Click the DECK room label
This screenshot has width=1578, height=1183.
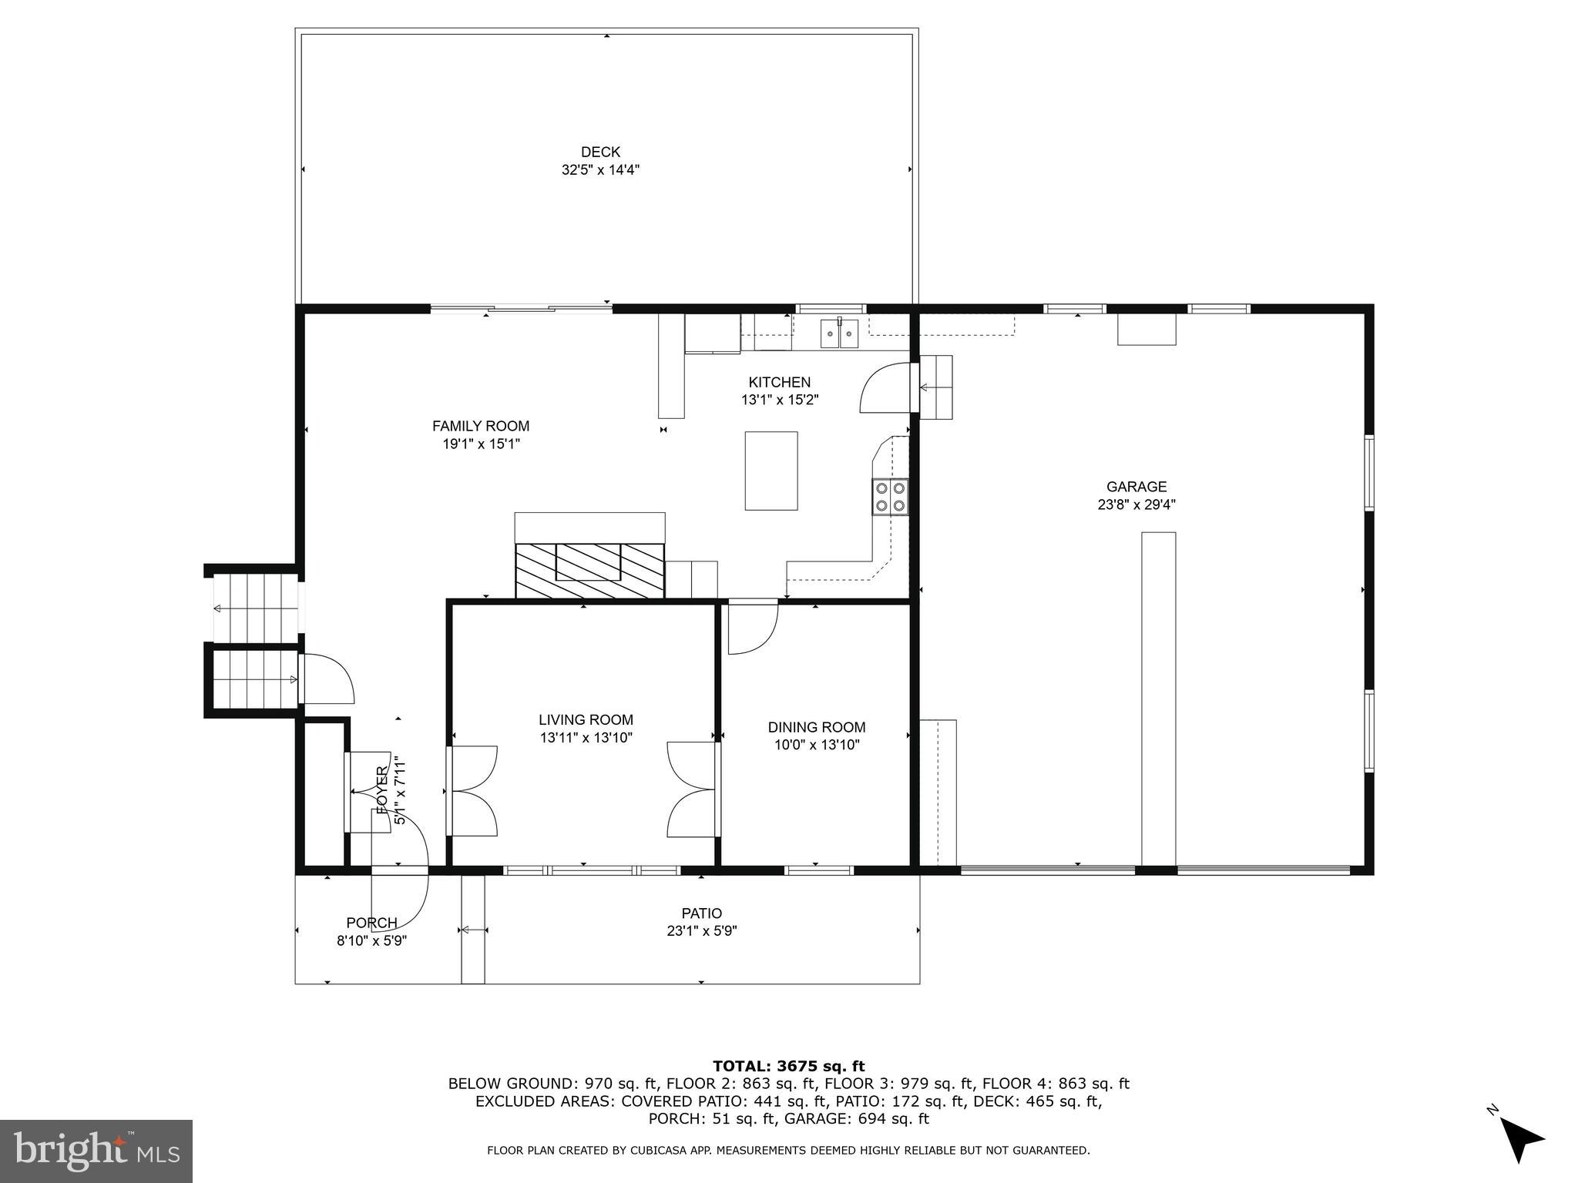[600, 152]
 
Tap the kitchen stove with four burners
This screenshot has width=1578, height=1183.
[890, 497]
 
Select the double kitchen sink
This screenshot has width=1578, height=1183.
[839, 333]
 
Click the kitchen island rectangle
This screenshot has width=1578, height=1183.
[771, 471]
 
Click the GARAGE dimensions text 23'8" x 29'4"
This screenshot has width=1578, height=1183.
[1136, 505]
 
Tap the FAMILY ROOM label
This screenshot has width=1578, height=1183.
[480, 426]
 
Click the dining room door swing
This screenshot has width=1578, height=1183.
[750, 628]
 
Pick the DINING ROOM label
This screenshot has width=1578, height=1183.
[817, 727]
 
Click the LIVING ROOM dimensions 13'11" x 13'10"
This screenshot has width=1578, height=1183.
[586, 738]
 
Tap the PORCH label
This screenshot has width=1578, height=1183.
[371, 923]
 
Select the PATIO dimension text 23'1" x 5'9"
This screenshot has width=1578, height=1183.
[701, 931]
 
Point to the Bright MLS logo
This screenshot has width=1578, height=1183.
[96, 1151]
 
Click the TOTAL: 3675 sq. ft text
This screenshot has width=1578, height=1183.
[788, 1066]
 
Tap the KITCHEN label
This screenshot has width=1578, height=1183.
[779, 382]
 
